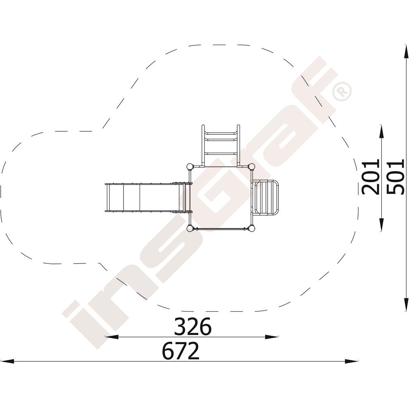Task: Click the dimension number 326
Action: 193,326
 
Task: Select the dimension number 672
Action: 181,351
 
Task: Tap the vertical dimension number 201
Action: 370,177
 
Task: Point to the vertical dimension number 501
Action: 395,177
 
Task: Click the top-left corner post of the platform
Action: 190,167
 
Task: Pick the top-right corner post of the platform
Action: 252,167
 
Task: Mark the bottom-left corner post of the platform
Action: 190,228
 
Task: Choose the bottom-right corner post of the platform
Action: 252,228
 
